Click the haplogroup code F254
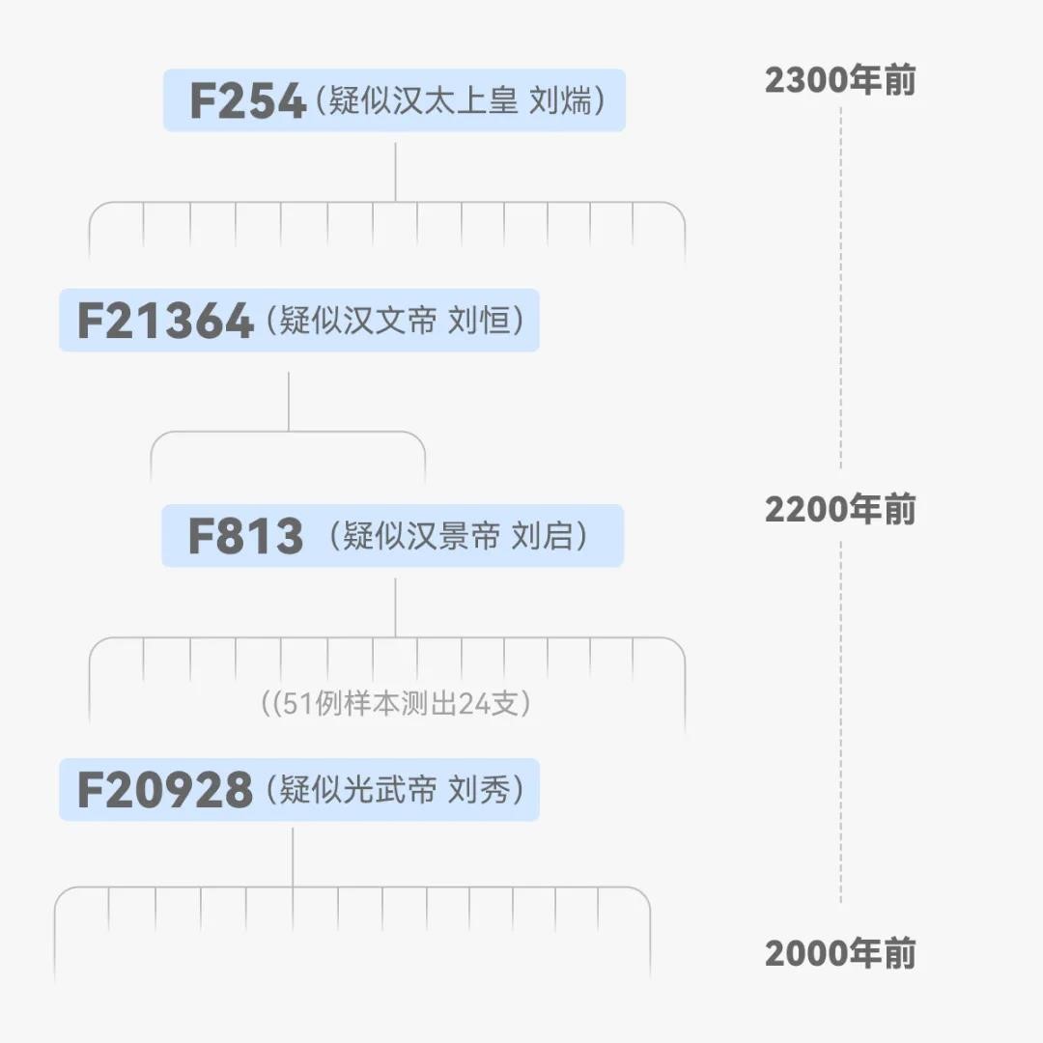(x=247, y=101)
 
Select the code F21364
(x=165, y=321)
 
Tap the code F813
(x=245, y=536)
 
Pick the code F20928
(x=164, y=790)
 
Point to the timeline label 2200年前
(x=840, y=509)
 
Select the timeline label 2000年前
(x=840, y=953)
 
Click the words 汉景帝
(x=454, y=535)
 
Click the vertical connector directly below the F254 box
(x=395, y=172)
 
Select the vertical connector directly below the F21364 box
(x=289, y=401)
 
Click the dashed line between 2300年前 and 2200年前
(x=840, y=290)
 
